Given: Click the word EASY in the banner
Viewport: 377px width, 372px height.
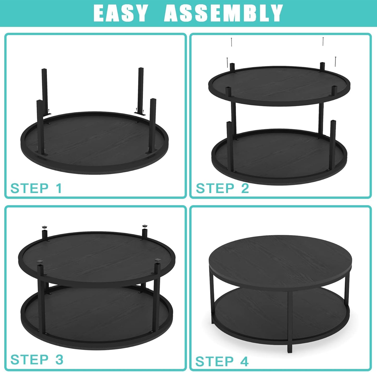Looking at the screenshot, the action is pyautogui.click(x=120, y=13).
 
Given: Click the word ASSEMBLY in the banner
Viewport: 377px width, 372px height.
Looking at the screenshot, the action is pyautogui.click(x=223, y=13).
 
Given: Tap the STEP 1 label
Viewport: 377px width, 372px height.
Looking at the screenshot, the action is pyautogui.click(x=36, y=188).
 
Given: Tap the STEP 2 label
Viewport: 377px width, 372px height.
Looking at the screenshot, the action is pyautogui.click(x=223, y=188).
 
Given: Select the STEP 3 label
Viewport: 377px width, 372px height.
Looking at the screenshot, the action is pyautogui.click(x=37, y=359).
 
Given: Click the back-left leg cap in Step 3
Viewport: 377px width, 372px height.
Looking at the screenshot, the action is pyautogui.click(x=45, y=227).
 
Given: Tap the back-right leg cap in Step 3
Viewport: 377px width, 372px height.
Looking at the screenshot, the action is pyautogui.click(x=145, y=226).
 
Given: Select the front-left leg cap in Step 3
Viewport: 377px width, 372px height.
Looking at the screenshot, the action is pyautogui.click(x=40, y=261).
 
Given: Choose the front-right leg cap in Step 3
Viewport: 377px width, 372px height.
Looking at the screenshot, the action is pyautogui.click(x=158, y=260).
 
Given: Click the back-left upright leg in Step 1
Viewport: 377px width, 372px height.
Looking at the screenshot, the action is pyautogui.click(x=45, y=91).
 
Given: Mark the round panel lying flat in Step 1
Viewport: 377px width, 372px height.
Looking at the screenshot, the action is pyautogui.click(x=94, y=143).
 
